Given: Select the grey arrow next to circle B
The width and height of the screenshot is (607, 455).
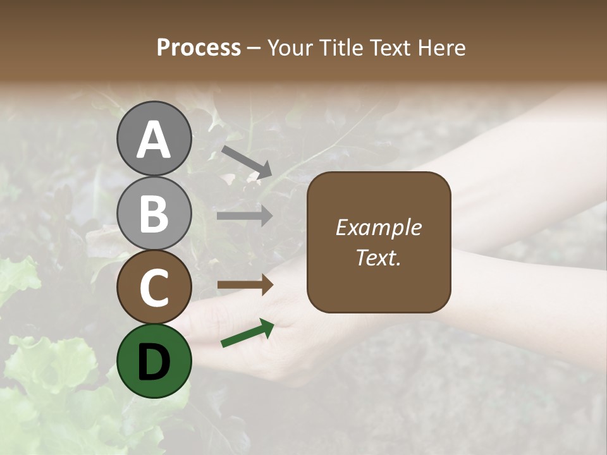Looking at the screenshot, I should tap(245, 216).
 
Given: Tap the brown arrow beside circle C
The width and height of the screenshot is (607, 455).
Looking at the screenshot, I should tap(245, 285).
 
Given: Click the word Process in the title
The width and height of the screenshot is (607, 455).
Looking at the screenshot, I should tap(199, 48).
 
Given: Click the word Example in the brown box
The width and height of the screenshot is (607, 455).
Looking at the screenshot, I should tap(378, 227).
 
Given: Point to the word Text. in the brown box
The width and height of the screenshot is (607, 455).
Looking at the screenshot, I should tap(378, 258).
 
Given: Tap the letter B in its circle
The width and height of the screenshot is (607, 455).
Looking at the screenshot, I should tap(154, 214).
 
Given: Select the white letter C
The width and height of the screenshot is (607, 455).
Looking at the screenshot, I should tap(154, 288).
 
